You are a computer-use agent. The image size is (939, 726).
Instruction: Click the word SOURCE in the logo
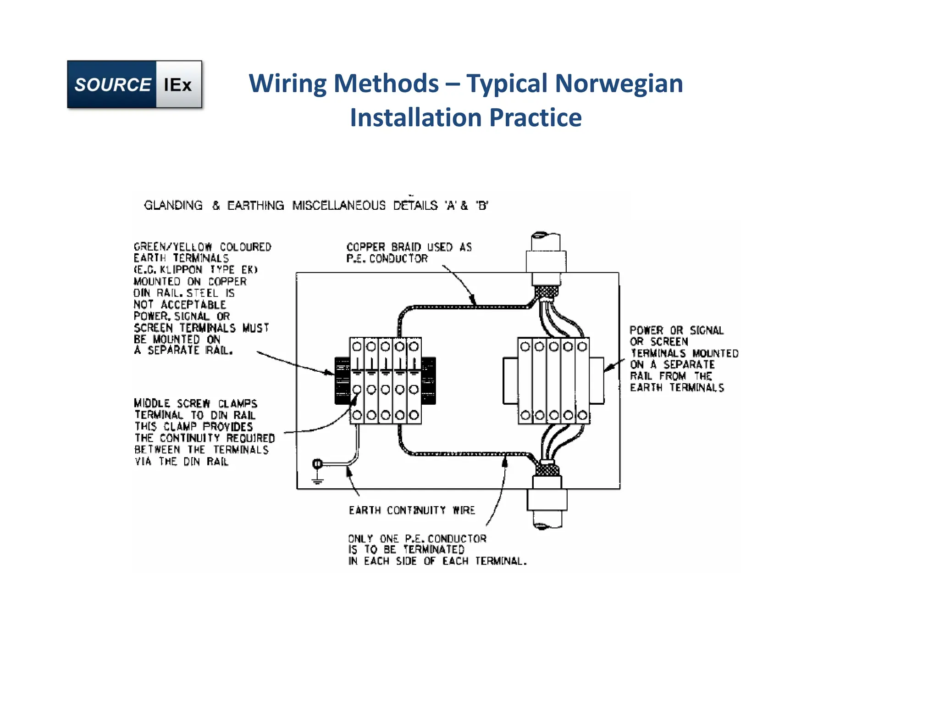(x=112, y=85)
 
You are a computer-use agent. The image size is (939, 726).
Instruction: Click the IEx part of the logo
(x=178, y=85)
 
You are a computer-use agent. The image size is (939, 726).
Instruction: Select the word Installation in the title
(x=415, y=117)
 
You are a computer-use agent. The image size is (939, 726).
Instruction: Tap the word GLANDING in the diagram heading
(x=173, y=205)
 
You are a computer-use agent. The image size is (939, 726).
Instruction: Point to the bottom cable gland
(x=547, y=500)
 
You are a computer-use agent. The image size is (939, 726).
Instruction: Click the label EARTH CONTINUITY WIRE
(x=411, y=510)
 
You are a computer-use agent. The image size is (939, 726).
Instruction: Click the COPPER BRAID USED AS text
(x=409, y=247)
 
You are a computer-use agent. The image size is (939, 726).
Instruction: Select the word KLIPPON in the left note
(x=181, y=270)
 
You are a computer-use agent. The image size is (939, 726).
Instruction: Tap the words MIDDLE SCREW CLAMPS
(x=195, y=403)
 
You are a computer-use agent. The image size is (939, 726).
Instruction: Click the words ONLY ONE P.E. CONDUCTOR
(x=417, y=538)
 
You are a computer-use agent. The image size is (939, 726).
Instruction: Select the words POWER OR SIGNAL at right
(x=676, y=330)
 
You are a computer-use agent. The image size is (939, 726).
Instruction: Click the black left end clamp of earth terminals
(x=342, y=381)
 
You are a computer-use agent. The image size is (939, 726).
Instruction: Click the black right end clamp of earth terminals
(x=428, y=381)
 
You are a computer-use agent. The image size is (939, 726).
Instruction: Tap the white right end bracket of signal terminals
(x=597, y=381)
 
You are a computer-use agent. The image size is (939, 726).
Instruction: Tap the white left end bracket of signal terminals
(x=510, y=381)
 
